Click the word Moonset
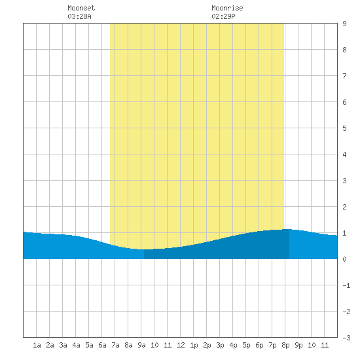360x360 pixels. pyautogui.click(x=81, y=8)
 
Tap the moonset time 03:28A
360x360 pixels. pyautogui.click(x=79, y=16)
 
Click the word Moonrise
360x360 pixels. pyautogui.click(x=227, y=8)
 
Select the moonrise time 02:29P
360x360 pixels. pyautogui.click(x=223, y=16)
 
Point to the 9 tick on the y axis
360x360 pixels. pyautogui.click(x=344, y=24)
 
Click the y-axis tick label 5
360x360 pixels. pyautogui.click(x=344, y=128)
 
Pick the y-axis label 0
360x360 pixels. pyautogui.click(x=344, y=259)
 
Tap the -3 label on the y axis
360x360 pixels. pyautogui.click(x=346, y=338)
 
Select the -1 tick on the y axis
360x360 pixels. pyautogui.click(x=346, y=285)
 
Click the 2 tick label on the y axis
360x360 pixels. pyautogui.click(x=344, y=207)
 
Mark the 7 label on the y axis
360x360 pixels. pyautogui.click(x=344, y=76)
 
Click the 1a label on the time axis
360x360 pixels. pyautogui.click(x=37, y=345)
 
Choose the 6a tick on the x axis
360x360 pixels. pyautogui.click(x=102, y=345)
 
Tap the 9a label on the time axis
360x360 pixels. pyautogui.click(x=141, y=345)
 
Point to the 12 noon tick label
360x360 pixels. pyautogui.click(x=181, y=345)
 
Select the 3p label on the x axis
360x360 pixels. pyautogui.click(x=220, y=345)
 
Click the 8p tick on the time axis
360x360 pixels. pyautogui.click(x=285, y=345)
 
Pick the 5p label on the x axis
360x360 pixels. pyautogui.click(x=246, y=345)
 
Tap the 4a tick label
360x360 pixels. pyautogui.click(x=76, y=345)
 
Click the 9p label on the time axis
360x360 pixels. pyautogui.click(x=298, y=345)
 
